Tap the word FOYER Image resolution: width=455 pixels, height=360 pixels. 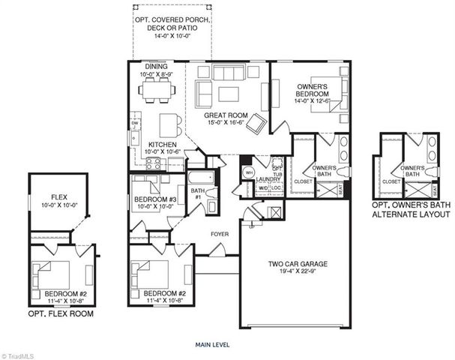coord(219,233)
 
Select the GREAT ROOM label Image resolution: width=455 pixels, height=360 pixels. coord(226,115)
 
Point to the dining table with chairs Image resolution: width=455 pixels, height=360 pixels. coord(158,90)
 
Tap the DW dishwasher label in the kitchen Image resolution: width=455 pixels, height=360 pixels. coord(135,124)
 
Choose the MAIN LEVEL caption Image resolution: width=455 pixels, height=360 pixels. coord(214,345)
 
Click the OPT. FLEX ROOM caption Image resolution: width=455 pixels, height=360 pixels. coord(61,313)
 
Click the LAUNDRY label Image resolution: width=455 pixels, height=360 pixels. coord(267,180)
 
